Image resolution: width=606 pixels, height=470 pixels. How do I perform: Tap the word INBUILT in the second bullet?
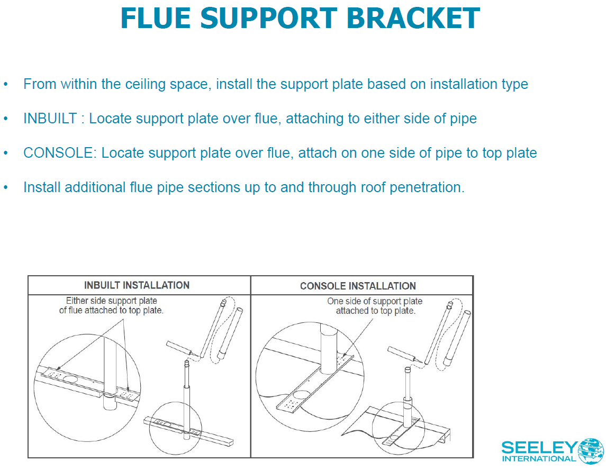click(50, 119)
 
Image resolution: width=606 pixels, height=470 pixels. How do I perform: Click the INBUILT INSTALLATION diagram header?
click(137, 285)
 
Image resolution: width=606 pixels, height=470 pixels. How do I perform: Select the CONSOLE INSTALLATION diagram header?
click(358, 286)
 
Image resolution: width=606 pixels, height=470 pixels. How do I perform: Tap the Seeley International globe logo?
click(591, 450)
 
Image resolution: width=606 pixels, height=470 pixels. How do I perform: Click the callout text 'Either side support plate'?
click(111, 301)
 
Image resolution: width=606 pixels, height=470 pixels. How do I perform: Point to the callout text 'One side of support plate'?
click(375, 301)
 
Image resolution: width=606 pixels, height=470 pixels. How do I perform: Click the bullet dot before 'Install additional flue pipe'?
click(6, 187)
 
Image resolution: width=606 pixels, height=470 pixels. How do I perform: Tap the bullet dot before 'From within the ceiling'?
click(6, 84)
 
